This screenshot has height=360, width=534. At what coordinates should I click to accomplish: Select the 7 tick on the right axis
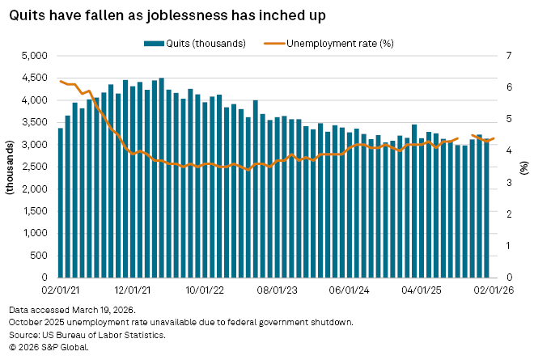[509, 56]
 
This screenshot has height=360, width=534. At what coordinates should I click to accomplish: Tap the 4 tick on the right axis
[509, 150]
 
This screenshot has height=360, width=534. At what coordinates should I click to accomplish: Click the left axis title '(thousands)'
[11, 167]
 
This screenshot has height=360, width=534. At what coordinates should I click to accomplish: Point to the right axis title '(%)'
[524, 167]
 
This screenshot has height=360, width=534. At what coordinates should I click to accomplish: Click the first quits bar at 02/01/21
[61, 202]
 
